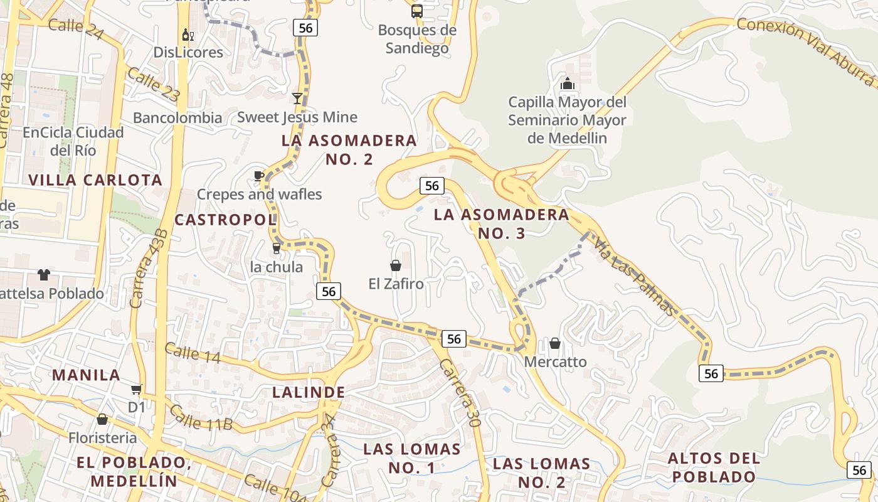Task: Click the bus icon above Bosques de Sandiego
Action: click(417, 11)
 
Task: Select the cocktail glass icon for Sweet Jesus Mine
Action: click(297, 99)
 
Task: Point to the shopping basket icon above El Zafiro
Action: click(396, 265)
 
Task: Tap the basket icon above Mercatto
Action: click(555, 343)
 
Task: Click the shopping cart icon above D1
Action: click(137, 389)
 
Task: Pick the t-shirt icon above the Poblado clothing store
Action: click(43, 274)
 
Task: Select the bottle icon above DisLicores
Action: click(186, 35)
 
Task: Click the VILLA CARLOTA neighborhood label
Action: click(95, 180)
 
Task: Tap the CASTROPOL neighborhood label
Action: click(225, 220)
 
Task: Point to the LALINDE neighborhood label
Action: click(309, 392)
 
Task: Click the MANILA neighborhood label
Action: click(86, 375)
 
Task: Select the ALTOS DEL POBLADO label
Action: click(714, 467)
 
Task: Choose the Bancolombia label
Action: click(177, 117)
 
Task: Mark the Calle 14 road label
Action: click(193, 353)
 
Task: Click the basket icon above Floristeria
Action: click(102, 419)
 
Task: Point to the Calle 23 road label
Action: click(154, 85)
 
